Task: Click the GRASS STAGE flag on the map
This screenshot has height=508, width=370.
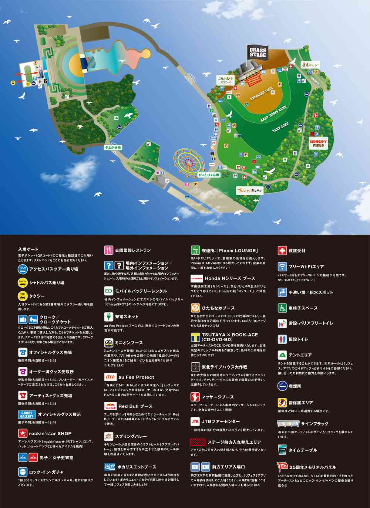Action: [x=258, y=53]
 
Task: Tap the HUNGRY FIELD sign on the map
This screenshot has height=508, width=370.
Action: [x=318, y=143]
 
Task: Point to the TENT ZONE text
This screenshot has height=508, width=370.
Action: [x=280, y=128]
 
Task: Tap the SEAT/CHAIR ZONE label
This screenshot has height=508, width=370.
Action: [x=273, y=114]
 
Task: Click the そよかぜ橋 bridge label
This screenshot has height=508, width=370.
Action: [x=112, y=148]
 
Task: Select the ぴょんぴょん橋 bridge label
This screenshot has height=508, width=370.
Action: [x=209, y=175]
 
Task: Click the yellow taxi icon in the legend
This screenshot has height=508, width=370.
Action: [x=23, y=296]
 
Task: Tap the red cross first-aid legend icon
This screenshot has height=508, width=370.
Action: [x=282, y=250]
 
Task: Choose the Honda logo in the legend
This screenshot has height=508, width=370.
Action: [x=196, y=278]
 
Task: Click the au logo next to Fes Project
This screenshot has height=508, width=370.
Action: [x=110, y=377]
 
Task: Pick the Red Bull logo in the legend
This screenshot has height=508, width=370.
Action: [x=110, y=406]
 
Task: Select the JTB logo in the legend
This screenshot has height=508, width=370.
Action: [x=195, y=421]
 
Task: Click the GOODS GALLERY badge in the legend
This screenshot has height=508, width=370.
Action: [x=27, y=414]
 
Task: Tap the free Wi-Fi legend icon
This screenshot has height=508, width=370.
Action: [x=282, y=267]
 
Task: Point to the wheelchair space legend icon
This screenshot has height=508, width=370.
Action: [x=282, y=308]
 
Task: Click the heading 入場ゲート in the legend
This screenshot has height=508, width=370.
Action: [x=28, y=249]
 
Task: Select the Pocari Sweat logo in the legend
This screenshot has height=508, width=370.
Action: [x=110, y=467]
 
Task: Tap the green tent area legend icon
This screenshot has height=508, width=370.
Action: [x=282, y=355]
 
